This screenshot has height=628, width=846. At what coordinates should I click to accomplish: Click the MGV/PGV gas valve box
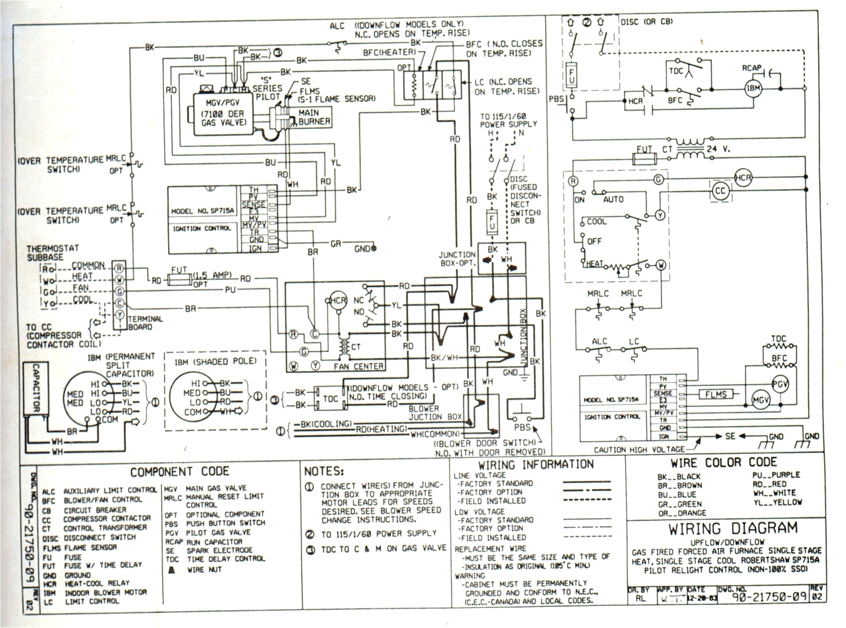pyautogui.click(x=222, y=114)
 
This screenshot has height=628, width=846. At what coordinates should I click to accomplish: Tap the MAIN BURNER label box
pyautogui.click(x=314, y=117)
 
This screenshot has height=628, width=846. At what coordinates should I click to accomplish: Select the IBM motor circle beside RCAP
pyautogui.click(x=753, y=88)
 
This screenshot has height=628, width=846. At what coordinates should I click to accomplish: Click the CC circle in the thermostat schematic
pyautogui.click(x=720, y=191)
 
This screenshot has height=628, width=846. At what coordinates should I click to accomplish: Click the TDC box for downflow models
pyautogui.click(x=330, y=398)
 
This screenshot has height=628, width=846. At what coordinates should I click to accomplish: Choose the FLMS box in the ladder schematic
pyautogui.click(x=715, y=394)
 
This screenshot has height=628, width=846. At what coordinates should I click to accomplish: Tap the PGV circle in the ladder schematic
pyautogui.click(x=780, y=384)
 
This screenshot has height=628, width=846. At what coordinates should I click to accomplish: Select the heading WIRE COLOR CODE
pyautogui.click(x=723, y=462)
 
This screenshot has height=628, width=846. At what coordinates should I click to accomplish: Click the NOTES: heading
pyautogui.click(x=324, y=471)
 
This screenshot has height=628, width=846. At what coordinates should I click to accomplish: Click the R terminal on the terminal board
pyautogui.click(x=119, y=268)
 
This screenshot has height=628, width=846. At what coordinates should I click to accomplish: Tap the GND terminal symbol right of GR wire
pyautogui.click(x=373, y=249)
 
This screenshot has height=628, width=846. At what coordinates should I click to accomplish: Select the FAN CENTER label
pyautogui.click(x=358, y=367)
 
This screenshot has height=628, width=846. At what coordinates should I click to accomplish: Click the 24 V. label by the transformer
pyautogui.click(x=718, y=149)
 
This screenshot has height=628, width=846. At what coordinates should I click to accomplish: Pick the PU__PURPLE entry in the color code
pyautogui.click(x=775, y=475)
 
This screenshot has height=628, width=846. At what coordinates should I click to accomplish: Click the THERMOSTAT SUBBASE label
pyautogui.click(x=52, y=253)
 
